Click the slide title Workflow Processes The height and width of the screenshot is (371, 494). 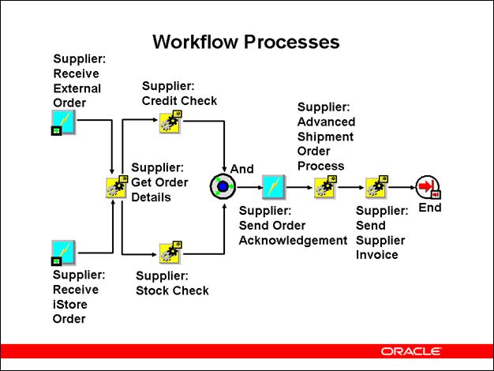click(x=245, y=41)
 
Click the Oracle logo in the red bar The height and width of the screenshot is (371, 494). click(x=411, y=350)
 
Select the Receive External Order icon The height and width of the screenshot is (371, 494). click(x=63, y=122)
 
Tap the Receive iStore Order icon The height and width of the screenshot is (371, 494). click(x=63, y=252)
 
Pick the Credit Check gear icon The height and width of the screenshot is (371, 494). click(x=170, y=122)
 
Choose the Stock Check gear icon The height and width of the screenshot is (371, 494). click(x=170, y=253)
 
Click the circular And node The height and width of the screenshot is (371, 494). click(x=223, y=187)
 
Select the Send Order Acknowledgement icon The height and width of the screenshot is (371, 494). click(x=273, y=187)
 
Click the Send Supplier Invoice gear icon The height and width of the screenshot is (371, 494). click(x=376, y=187)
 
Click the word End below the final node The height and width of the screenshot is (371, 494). click(x=430, y=208)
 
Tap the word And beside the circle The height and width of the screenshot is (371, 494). click(x=242, y=169)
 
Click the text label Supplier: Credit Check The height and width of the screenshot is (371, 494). click(x=179, y=93)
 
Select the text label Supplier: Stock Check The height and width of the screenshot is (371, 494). click(x=172, y=283)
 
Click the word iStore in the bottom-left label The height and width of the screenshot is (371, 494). click(x=70, y=305)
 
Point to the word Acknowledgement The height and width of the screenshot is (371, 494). click(x=293, y=240)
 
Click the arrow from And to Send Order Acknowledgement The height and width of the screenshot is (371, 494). click(x=249, y=187)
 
